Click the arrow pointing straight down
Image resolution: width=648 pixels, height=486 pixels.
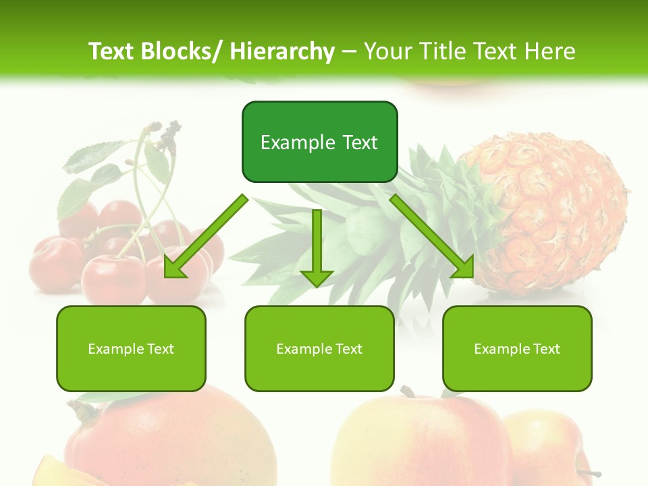tap(317, 250)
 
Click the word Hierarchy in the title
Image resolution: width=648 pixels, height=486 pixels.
tap(281, 51)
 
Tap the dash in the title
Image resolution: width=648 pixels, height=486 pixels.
tap(350, 52)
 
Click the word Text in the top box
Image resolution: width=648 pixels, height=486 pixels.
tap(358, 142)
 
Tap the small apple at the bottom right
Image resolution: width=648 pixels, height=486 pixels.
tap(547, 446)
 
